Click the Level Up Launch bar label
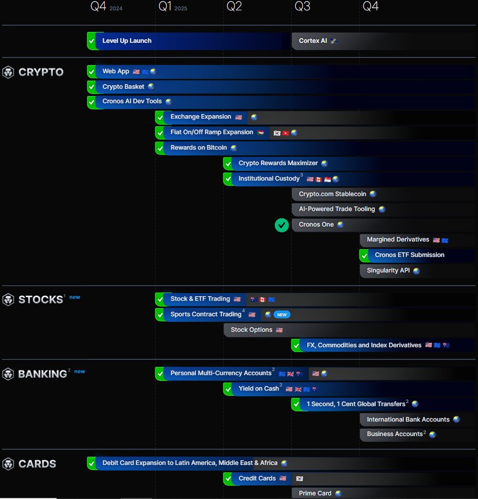coord(127,41)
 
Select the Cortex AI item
coord(313,41)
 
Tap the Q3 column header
coord(303,7)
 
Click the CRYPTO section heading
coord(41,72)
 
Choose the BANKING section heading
coord(43,374)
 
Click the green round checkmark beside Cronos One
coord(281,225)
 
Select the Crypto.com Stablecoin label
coord(332,194)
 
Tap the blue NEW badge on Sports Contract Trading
coord(282,314)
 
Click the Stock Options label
coord(252,330)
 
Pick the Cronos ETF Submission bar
coord(409,255)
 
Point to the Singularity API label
coord(388,270)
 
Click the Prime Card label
coord(315,493)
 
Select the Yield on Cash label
coord(258,389)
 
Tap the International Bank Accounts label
coord(408,420)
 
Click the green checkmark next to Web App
coord(91,72)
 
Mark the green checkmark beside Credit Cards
coord(227,479)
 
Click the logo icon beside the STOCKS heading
coord(8,299)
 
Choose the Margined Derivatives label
coord(398,239)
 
